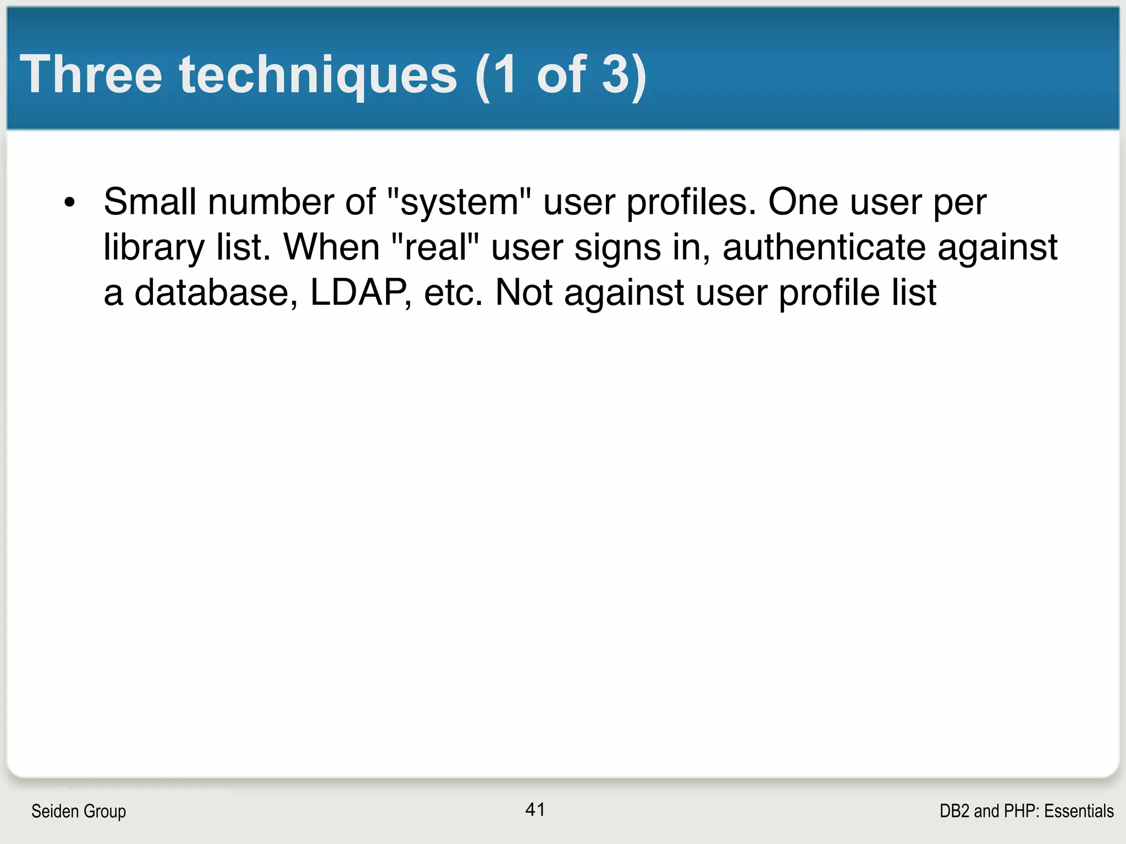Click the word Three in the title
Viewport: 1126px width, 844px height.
(91, 75)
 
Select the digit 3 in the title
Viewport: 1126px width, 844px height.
(616, 75)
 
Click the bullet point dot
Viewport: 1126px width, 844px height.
(69, 202)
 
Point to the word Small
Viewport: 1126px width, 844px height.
(150, 202)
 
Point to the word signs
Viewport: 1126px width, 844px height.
(617, 247)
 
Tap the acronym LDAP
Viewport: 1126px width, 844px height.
(359, 292)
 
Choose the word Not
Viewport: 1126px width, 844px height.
(523, 292)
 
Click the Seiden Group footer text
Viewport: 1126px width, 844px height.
(79, 811)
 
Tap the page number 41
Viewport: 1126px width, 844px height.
(535, 809)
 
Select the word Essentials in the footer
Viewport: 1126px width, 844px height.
(1079, 811)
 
